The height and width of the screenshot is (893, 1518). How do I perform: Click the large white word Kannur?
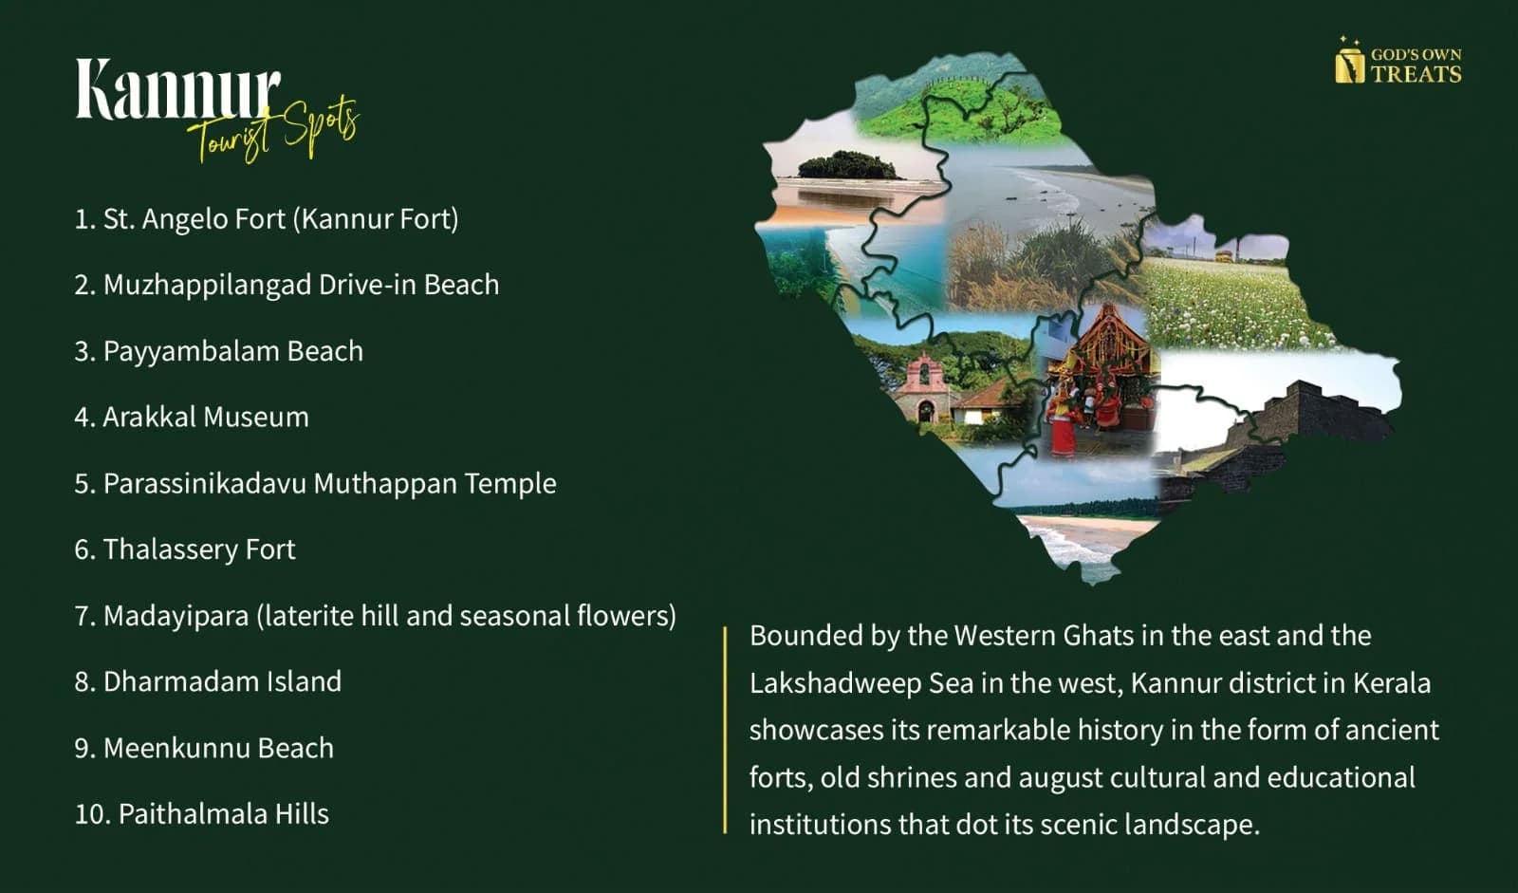point(177,89)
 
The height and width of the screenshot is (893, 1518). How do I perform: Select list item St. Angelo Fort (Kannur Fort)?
point(267,219)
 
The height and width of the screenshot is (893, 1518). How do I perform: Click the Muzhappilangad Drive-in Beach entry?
point(287,285)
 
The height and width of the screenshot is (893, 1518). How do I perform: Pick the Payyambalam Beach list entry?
point(219,351)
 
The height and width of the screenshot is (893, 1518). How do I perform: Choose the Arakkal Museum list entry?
point(192,417)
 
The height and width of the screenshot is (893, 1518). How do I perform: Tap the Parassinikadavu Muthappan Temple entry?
point(315,483)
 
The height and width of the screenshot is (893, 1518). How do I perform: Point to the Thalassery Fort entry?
point(185,549)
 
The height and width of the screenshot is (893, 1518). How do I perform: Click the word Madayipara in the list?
point(176,616)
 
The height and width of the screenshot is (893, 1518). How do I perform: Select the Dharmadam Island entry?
point(208,681)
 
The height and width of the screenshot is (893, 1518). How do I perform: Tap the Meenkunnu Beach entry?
point(204,748)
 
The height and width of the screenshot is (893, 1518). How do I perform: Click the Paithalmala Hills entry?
point(202,813)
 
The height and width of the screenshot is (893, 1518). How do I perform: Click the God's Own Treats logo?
point(1398,61)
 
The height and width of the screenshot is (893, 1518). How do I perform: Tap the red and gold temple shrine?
point(1098,380)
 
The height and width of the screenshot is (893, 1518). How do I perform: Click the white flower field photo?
point(1233,298)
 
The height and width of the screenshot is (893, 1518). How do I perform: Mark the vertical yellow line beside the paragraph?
point(725,730)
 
